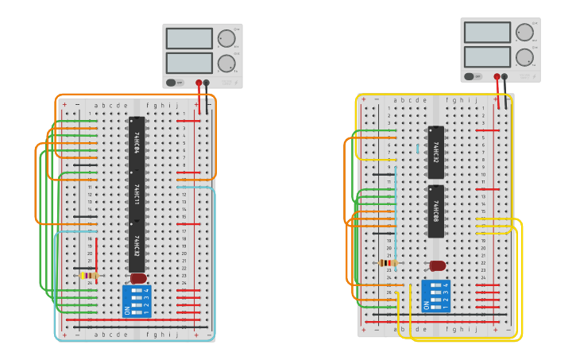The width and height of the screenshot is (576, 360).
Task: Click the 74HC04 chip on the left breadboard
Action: coord(137,142)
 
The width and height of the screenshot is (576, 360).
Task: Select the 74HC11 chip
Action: coord(137,195)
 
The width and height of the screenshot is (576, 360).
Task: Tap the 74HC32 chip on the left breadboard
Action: coord(137,246)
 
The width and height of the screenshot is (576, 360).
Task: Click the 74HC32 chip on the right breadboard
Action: coord(436,152)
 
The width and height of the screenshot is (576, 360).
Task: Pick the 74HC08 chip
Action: coord(436,211)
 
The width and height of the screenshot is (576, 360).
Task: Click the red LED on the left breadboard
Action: coord(138,278)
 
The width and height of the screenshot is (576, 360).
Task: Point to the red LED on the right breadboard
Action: coord(437,265)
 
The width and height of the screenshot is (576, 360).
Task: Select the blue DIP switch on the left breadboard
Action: coord(137,301)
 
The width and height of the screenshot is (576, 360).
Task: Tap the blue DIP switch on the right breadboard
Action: coord(435,296)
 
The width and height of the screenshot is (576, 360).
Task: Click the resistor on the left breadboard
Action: coord(89,276)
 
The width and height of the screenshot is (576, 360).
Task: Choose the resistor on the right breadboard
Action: coord(389,263)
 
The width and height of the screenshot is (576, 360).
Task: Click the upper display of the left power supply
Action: coord(189,38)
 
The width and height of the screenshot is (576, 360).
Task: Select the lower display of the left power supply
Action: coord(189,63)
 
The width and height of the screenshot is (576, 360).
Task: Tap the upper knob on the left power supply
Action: coord(226,38)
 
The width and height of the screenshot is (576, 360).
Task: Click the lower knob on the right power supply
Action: coord(524,57)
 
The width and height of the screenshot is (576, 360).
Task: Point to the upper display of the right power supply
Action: coord(487,32)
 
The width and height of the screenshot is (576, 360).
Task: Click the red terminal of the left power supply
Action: coord(199,82)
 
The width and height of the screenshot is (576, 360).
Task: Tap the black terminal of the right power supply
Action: coord(504,76)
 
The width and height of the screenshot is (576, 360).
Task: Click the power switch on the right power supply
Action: coord(469,76)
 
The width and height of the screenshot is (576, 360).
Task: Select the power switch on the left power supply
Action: coord(171,82)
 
